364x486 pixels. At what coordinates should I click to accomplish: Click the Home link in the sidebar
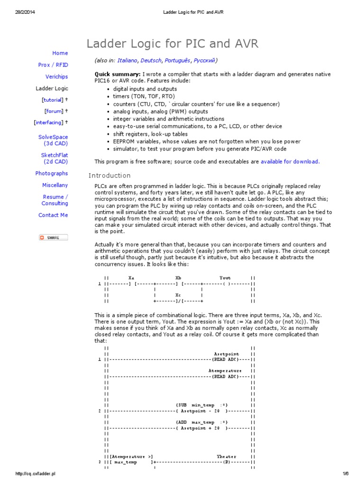(x=60, y=53)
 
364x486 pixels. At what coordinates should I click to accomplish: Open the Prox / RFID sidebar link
(x=53, y=65)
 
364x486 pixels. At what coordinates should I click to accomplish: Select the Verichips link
(x=56, y=76)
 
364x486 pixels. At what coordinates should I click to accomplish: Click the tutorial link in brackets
(x=52, y=100)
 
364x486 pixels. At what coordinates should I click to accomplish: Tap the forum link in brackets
(x=54, y=111)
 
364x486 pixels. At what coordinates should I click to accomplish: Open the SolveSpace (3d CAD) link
(x=53, y=140)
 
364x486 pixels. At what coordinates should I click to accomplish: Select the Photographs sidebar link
(x=52, y=173)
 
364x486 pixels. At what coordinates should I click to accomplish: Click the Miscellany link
(x=55, y=185)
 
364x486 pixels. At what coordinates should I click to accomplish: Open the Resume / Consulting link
(x=55, y=200)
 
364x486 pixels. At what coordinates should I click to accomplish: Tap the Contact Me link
(x=53, y=215)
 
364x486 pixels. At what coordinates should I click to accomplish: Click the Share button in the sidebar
(x=53, y=237)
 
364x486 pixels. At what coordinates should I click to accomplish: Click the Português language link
(x=178, y=60)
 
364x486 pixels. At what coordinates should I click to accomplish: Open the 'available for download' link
(x=290, y=161)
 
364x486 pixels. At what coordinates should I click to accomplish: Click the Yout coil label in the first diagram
(x=225, y=278)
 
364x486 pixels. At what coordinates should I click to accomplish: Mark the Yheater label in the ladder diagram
(x=227, y=457)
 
